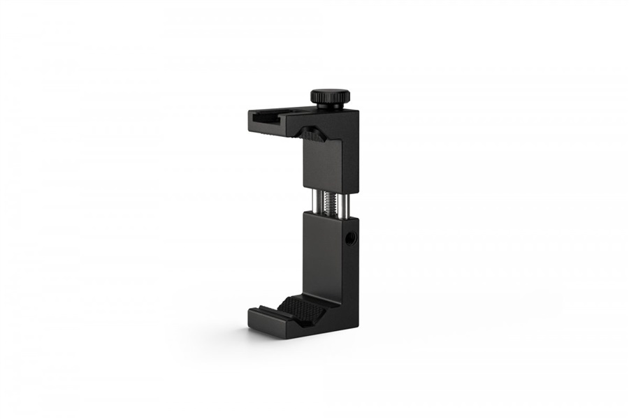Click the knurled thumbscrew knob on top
point(328,95)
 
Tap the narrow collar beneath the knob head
point(328,105)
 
